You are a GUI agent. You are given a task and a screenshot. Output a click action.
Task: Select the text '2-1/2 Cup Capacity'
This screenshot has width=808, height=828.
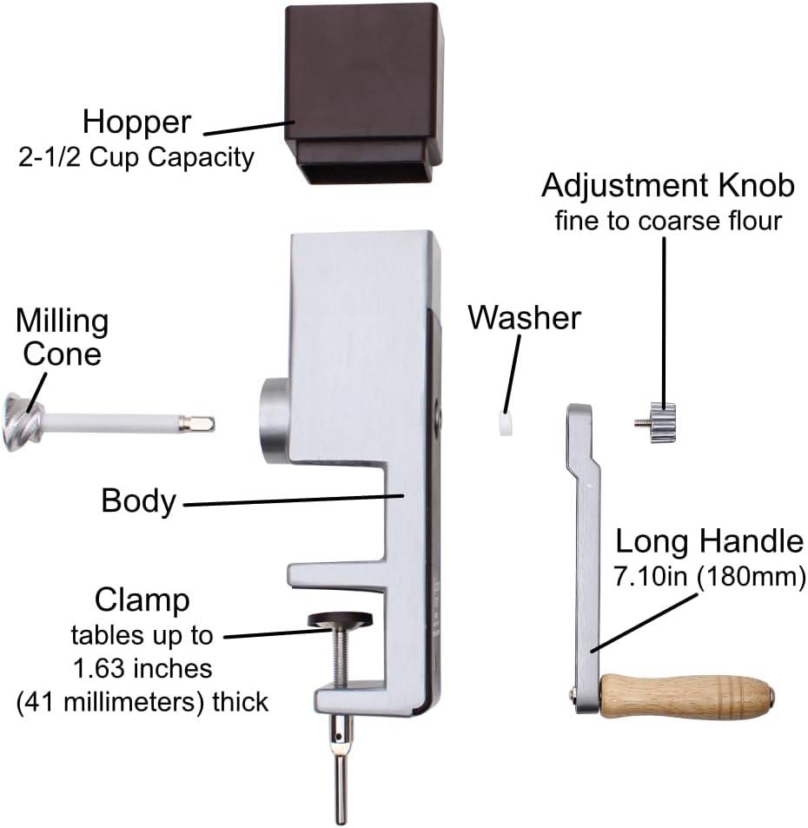click(x=136, y=158)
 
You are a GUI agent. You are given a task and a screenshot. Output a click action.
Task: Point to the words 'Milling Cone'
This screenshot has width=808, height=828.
click(x=62, y=337)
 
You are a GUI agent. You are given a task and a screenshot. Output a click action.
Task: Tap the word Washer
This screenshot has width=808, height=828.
click(x=524, y=318)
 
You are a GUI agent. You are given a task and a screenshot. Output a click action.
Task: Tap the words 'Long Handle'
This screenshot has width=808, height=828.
click(x=709, y=542)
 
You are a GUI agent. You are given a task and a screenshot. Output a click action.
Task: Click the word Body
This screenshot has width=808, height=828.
click(x=138, y=501)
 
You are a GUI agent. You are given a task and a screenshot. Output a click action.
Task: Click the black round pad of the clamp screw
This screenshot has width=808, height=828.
click(x=339, y=619)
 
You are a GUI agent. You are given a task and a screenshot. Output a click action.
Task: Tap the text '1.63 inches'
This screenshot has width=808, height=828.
click(x=142, y=668)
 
